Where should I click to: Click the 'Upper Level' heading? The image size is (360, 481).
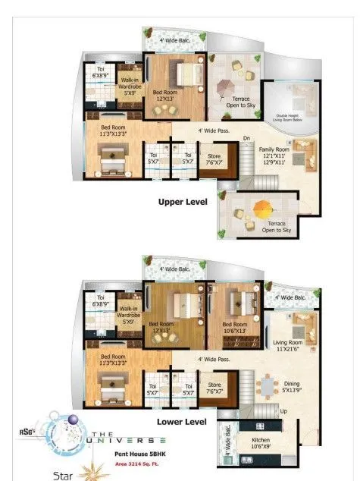point(183,203)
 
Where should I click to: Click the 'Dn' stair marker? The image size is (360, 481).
point(246,138)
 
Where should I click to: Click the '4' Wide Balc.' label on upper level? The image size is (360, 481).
point(174,39)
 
